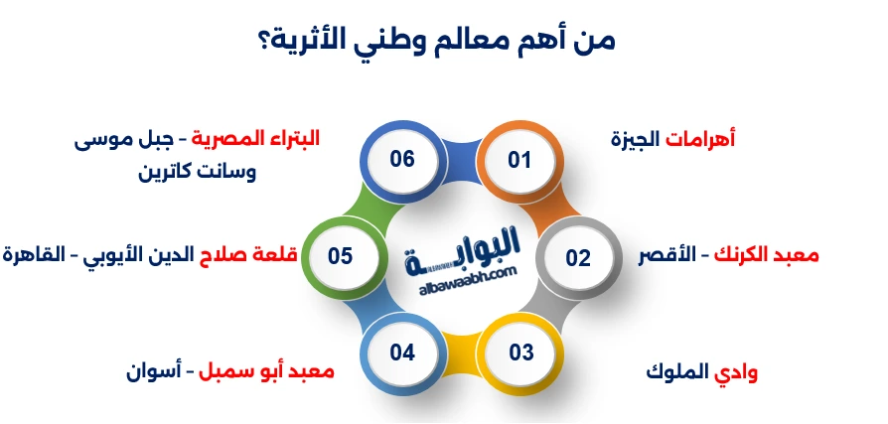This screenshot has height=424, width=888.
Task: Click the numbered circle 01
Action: pyautogui.click(x=519, y=160)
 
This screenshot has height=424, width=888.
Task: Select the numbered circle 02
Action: pyautogui.click(x=578, y=258)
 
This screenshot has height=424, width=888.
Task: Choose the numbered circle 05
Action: pyautogui.click(x=341, y=256)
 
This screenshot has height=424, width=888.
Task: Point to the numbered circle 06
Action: pyautogui.click(x=401, y=160)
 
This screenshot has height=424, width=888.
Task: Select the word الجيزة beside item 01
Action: pyautogui.click(x=636, y=139)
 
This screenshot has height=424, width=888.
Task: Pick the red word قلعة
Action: pyautogui.click(x=276, y=255)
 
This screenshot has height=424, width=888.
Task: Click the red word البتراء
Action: pyautogui.click(x=297, y=139)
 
